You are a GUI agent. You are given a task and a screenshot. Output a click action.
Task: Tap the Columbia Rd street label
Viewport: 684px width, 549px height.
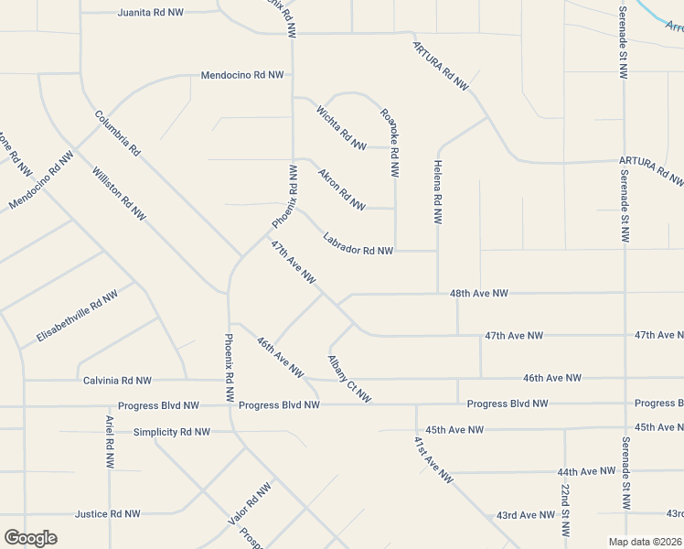[117, 133]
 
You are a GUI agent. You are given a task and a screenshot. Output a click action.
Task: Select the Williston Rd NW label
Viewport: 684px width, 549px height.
[119, 193]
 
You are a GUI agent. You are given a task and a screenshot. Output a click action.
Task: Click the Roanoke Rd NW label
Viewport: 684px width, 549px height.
[390, 143]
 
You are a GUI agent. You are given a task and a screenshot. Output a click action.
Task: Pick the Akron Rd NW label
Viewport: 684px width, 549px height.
[341, 188]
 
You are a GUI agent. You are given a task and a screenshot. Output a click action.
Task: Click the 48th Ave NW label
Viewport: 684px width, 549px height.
[478, 294]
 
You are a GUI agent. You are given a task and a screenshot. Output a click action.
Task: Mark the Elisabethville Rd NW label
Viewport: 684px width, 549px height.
[77, 318]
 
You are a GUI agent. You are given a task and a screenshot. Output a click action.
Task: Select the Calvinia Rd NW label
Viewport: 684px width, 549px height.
[117, 380]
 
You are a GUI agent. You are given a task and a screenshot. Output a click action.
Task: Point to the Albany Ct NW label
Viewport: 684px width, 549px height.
[349, 378]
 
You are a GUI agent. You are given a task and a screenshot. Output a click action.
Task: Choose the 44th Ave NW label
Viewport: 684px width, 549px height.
[585, 471]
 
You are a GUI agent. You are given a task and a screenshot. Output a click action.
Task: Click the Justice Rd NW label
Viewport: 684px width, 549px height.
[108, 514]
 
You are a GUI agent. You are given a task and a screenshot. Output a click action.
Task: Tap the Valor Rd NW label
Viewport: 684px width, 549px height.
[250, 504]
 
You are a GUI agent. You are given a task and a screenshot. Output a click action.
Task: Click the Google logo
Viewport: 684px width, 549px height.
[30, 537]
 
